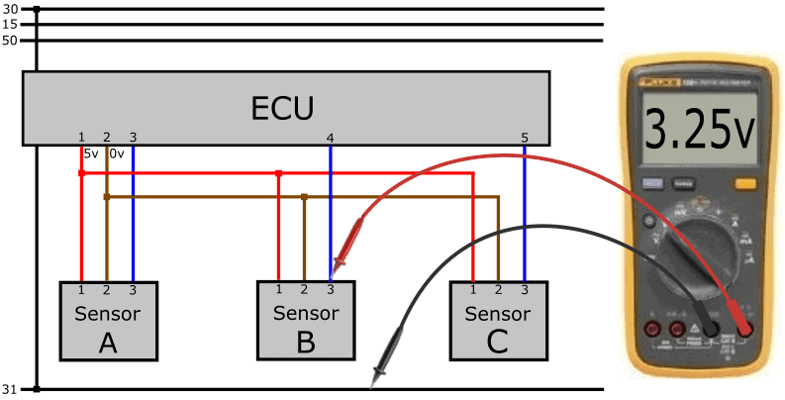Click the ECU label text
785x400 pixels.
tap(284, 107)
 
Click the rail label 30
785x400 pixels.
tap(11, 10)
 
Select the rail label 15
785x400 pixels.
tap(11, 25)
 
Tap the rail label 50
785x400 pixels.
tap(11, 41)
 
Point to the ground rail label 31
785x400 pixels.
tap(11, 389)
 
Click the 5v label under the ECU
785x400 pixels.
tap(91, 153)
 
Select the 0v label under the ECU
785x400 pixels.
tap(116, 153)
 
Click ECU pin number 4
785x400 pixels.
tap(330, 137)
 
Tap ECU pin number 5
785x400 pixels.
tap(525, 137)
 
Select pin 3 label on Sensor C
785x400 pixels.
tap(524, 289)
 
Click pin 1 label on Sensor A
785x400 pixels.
tap(81, 289)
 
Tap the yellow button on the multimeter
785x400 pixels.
tap(744, 183)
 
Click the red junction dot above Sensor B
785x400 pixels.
tap(279, 173)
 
